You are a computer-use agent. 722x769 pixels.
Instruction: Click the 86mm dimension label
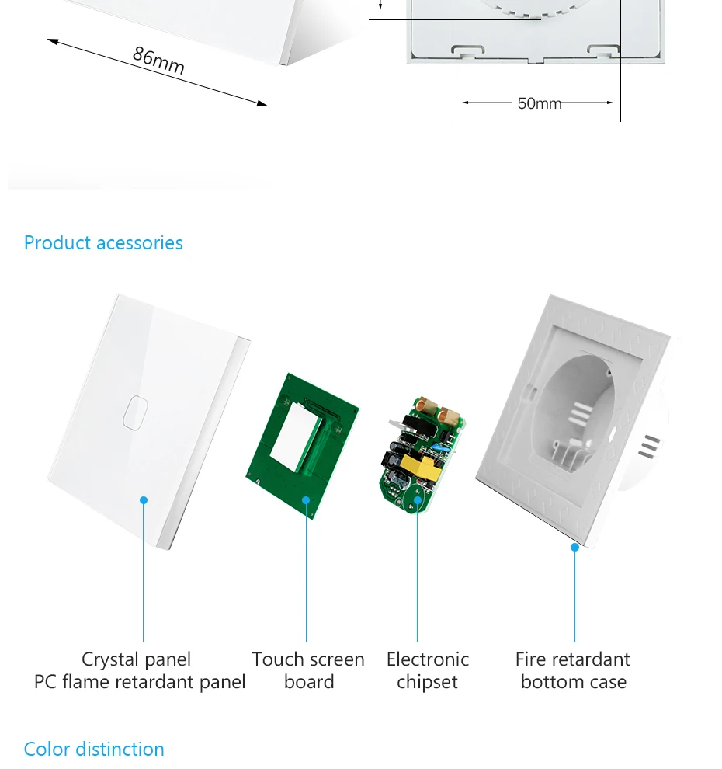pyautogui.click(x=158, y=60)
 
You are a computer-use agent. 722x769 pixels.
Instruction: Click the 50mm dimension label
pyautogui.click(x=539, y=103)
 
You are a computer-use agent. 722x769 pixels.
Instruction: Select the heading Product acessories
pyautogui.click(x=103, y=242)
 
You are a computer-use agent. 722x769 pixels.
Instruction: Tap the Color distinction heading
pyautogui.click(x=94, y=749)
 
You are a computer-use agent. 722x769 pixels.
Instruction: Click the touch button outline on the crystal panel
pyautogui.click(x=135, y=412)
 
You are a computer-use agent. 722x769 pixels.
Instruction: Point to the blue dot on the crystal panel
pyautogui.click(x=144, y=500)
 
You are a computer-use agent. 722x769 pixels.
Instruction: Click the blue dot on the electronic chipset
pyautogui.click(x=417, y=499)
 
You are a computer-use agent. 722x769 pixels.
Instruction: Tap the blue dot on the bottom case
pyautogui.click(x=574, y=547)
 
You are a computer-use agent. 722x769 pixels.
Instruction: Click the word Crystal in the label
pyautogui.click(x=109, y=659)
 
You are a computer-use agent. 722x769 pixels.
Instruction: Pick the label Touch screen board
pyautogui.click(x=308, y=670)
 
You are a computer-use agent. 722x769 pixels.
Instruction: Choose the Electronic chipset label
pyautogui.click(x=428, y=670)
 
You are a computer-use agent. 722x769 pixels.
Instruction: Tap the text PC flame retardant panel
pyautogui.click(x=140, y=682)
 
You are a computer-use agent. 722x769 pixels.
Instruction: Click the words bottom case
pyautogui.click(x=574, y=682)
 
